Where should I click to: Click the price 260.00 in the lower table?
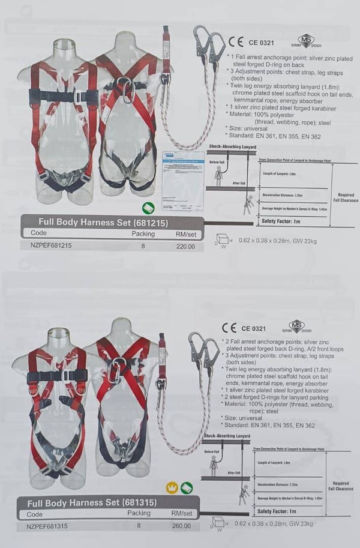coord(181,526)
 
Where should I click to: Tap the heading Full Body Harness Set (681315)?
coord(89,502)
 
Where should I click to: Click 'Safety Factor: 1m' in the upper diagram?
coord(280,221)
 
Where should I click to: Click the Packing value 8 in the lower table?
coord(139,526)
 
